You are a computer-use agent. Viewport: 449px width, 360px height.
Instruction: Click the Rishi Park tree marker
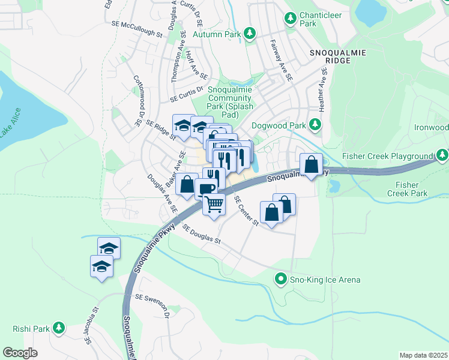(58, 328)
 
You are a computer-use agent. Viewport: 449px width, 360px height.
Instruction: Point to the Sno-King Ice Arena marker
(280, 279)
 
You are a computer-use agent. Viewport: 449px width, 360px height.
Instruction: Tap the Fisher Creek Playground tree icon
(442, 156)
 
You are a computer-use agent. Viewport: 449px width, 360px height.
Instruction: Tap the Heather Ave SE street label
(324, 89)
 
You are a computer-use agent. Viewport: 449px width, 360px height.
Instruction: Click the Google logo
(20, 352)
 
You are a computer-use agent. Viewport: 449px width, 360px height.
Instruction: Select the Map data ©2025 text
(423, 355)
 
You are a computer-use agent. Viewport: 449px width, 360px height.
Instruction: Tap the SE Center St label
(246, 211)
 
